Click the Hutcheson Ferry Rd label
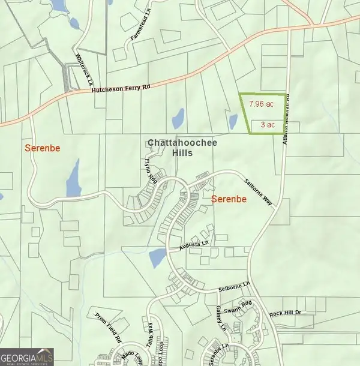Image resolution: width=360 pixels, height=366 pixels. point(122,89)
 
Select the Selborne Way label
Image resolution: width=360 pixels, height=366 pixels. point(259,192)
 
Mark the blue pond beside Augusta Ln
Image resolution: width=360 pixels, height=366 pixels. point(157,259)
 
